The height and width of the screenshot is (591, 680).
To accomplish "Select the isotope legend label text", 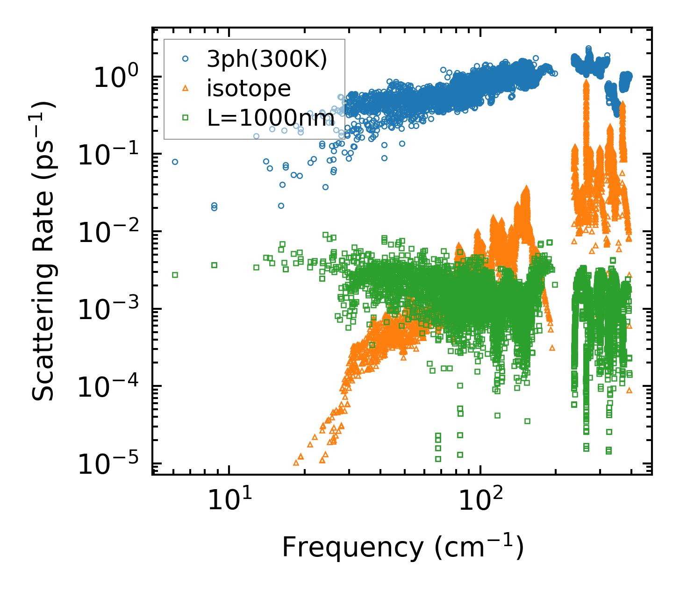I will [x=249, y=89].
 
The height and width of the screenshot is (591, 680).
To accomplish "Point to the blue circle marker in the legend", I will [x=186, y=59].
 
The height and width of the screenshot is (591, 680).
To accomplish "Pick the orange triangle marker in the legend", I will [x=186, y=88].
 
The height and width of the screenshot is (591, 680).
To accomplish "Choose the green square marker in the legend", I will [x=186, y=117].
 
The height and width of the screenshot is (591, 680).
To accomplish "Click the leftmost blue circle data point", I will [x=175, y=162].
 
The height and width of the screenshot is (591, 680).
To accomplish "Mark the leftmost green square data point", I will [x=175, y=275].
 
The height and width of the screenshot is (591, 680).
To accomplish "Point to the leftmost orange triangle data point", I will [x=296, y=463].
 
